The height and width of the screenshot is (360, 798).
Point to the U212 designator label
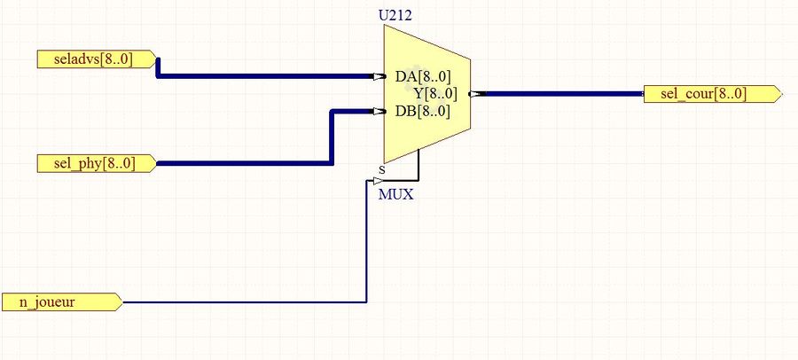pos(395,15)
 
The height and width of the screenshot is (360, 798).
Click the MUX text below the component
pos(395,194)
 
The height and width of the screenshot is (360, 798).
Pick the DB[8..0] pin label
pos(422,112)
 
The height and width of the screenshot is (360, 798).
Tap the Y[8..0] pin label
pos(434,94)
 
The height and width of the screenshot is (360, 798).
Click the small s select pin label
pos(382,168)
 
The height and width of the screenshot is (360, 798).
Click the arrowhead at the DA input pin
pos(379,77)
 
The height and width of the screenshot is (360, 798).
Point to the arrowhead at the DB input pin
pos(379,112)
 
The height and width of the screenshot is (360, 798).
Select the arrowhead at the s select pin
pos(378,181)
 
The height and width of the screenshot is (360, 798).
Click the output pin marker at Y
pos(476,93)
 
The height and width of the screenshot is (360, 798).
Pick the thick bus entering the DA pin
pos(266,76)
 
